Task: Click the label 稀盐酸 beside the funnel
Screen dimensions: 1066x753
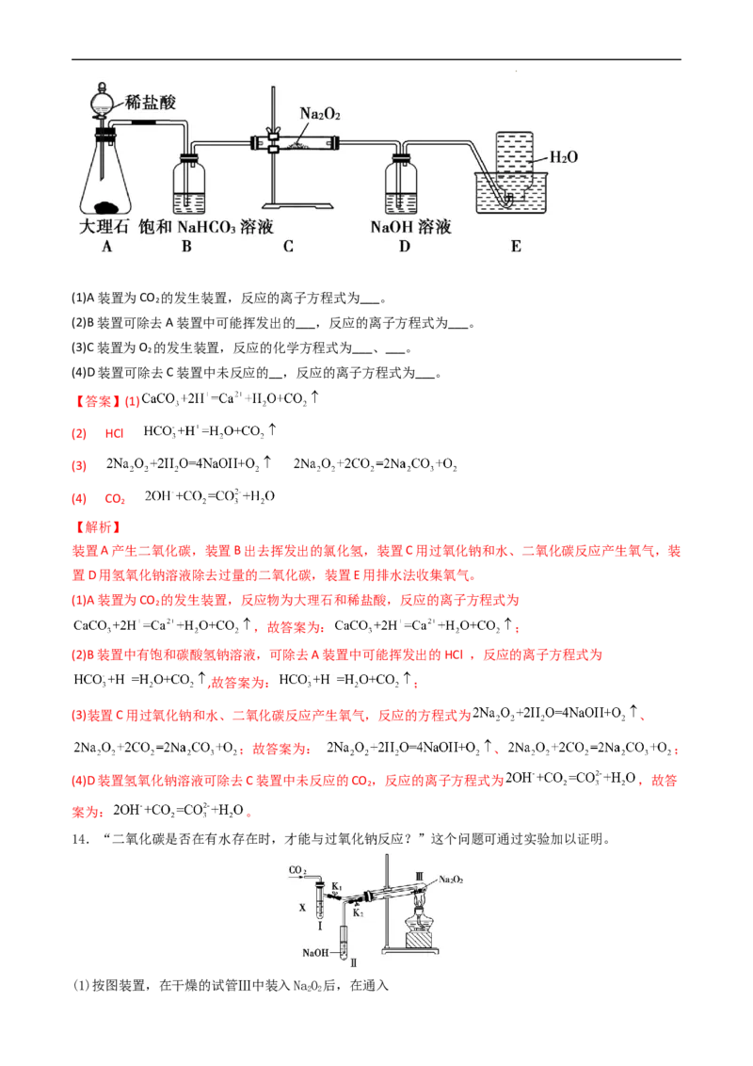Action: [152, 103]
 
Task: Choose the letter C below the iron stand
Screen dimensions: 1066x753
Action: [288, 247]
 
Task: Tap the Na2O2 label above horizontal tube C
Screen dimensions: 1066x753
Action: [320, 114]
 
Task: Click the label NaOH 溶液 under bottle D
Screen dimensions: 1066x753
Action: [410, 228]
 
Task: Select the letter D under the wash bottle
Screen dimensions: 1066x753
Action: [404, 247]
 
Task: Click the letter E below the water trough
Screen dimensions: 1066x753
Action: [515, 247]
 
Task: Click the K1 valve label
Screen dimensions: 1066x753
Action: [336, 886]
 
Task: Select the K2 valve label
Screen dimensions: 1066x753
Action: [358, 913]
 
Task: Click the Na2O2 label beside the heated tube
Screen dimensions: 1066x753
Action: [451, 878]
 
